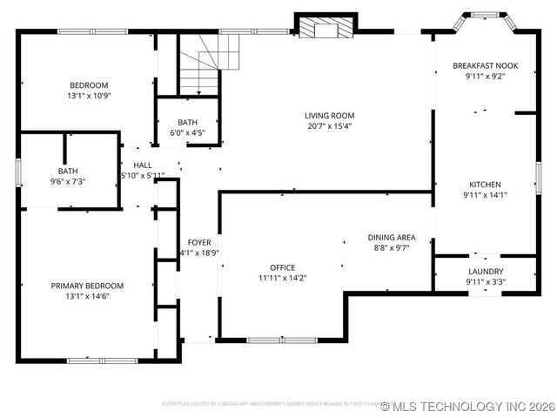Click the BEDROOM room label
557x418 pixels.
coord(87,85)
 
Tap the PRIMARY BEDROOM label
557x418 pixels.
coord(87,286)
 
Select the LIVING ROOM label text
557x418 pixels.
coord(329,115)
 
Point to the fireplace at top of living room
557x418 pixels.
coord(326,29)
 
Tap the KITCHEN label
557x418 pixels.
coord(485,185)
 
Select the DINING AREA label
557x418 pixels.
coord(391,237)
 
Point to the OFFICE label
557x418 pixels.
coord(282,267)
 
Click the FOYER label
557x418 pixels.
coord(199,242)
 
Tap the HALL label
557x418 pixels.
coord(142,165)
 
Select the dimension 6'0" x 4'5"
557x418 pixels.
coord(187,132)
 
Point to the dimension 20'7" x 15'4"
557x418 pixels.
coord(329,125)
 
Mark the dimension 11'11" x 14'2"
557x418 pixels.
coord(282,278)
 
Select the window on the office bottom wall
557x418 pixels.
coord(282,339)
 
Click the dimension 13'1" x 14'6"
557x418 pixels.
coord(87,296)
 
